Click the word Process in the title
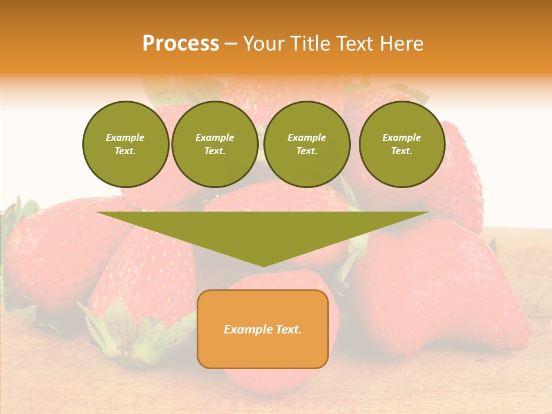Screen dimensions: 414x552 click(x=181, y=44)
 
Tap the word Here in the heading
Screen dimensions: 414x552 click(x=401, y=44)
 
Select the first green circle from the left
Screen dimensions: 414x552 click(x=126, y=144)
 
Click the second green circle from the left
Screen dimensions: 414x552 click(x=215, y=144)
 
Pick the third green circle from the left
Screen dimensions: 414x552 click(x=307, y=144)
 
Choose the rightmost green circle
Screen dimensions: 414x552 click(x=402, y=144)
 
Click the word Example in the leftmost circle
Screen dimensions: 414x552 click(x=125, y=137)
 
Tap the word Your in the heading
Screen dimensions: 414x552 click(x=263, y=44)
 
